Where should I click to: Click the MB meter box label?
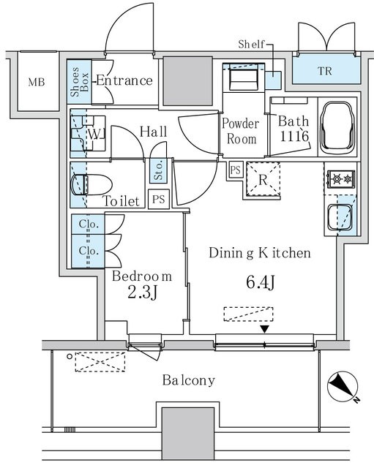point(37,82)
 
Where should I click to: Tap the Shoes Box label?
point(80,82)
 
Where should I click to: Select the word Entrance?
point(124,80)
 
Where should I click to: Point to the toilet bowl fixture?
point(91,185)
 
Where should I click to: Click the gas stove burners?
point(341,179)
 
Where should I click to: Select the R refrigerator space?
point(263,180)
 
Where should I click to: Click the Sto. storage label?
point(159,170)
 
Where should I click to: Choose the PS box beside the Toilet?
point(159,199)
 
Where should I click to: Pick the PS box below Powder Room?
point(236,170)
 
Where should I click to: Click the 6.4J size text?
point(260,282)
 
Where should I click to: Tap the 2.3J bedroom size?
point(142,292)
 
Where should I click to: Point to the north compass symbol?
point(343,387)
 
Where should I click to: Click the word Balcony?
point(189,380)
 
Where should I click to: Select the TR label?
point(325,71)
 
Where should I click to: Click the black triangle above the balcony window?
point(265,329)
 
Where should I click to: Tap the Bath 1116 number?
point(294,137)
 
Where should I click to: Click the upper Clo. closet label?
point(89,224)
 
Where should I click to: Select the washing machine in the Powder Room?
point(244,77)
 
